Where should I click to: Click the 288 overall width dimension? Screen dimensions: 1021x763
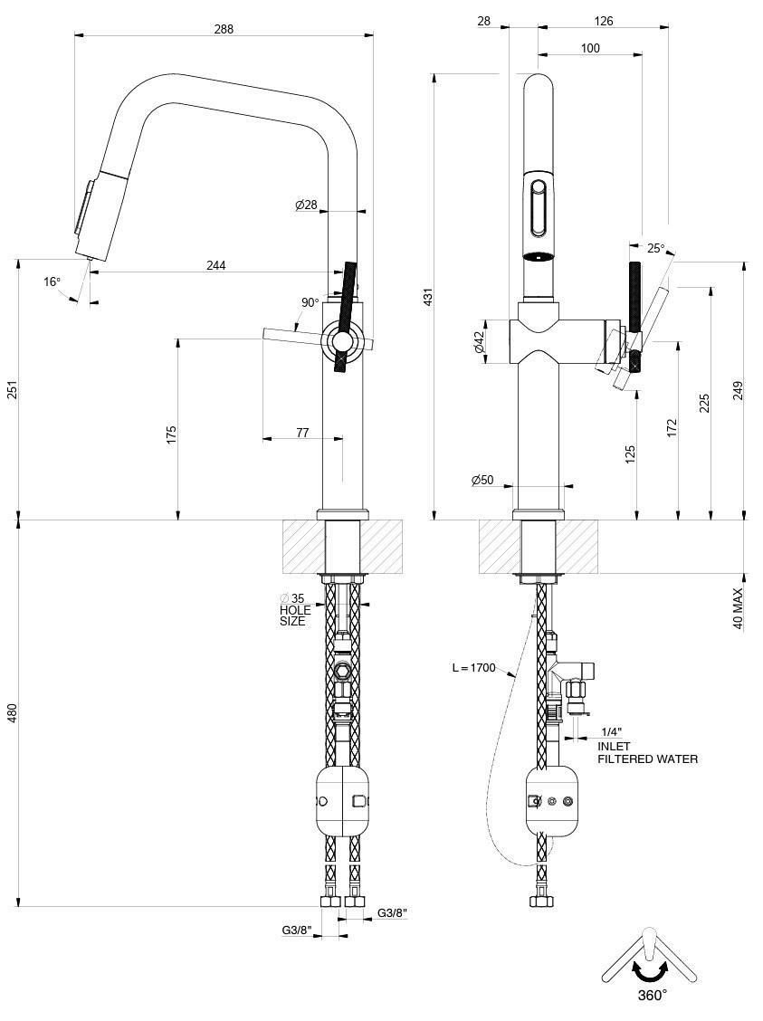click(224, 28)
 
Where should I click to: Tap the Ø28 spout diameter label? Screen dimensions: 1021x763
click(306, 205)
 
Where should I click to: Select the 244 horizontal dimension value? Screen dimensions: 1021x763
click(216, 265)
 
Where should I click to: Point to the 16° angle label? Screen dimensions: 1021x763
click(52, 281)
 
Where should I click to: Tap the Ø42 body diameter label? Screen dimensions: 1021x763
click(479, 342)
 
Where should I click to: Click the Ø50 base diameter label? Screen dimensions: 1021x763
click(482, 480)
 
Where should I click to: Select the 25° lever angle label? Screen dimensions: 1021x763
click(655, 248)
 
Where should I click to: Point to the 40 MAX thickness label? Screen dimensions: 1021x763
click(738, 608)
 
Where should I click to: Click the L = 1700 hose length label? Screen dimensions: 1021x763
click(473, 668)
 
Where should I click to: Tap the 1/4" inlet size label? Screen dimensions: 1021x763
click(610, 731)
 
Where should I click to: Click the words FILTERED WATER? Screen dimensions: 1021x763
click(647, 759)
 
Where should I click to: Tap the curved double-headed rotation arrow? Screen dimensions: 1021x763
click(650, 971)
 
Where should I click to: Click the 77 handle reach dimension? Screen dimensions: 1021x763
click(302, 434)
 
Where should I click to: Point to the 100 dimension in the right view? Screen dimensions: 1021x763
click(590, 48)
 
